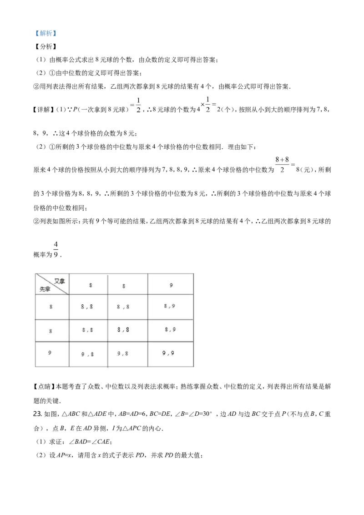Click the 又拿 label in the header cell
click(x=60, y=281)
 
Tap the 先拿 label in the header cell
click(x=45, y=289)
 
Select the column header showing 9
click(x=171, y=285)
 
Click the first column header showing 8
click(x=91, y=285)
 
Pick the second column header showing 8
click(x=124, y=286)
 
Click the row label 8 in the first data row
click(x=51, y=307)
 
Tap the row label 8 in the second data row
click(x=51, y=331)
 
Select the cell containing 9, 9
click(x=168, y=353)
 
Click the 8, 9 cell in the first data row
click(x=170, y=306)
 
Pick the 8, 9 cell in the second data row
click(x=170, y=330)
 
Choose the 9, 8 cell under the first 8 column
click(x=88, y=354)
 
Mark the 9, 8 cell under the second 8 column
click(x=123, y=353)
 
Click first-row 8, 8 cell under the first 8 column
click(x=87, y=307)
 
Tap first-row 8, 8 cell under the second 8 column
click(x=123, y=307)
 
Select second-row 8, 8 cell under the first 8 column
click(x=88, y=330)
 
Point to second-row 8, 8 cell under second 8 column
click(x=123, y=330)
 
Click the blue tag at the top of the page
click(x=46, y=33)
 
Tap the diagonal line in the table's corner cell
click(x=52, y=284)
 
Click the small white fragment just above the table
click(x=56, y=249)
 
